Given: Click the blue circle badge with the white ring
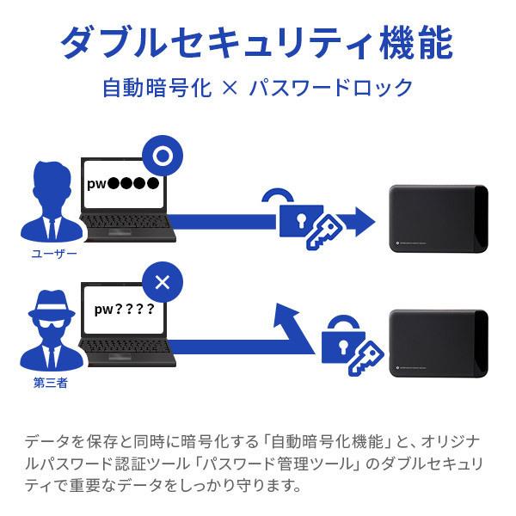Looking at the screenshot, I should coord(163,157).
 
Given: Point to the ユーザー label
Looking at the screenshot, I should coord(54,254).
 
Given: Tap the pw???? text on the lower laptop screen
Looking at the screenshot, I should coord(124,309).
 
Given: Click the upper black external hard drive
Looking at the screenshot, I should coord(437,218).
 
